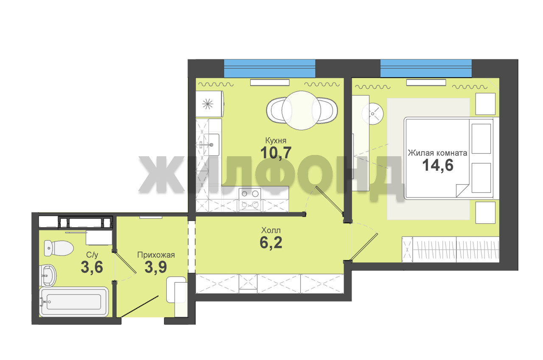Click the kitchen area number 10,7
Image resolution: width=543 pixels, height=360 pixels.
(x=276, y=152)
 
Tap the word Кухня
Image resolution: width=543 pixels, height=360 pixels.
(x=276, y=141)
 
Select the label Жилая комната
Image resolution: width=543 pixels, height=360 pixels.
(x=437, y=153)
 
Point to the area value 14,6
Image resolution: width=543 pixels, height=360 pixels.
(x=438, y=165)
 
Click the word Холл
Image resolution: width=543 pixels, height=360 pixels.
(x=271, y=230)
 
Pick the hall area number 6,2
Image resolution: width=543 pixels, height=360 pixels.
(x=271, y=242)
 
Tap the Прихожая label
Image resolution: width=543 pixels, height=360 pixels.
(x=156, y=255)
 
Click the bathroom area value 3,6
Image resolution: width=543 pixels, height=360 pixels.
(x=92, y=267)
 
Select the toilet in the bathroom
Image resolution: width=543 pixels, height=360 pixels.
(x=59, y=248)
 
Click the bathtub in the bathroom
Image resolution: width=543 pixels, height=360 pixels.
(x=74, y=302)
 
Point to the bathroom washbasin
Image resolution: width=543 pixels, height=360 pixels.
(x=48, y=276)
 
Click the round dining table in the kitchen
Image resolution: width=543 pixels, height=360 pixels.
(x=301, y=110)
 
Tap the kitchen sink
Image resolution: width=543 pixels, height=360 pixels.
(x=211, y=145)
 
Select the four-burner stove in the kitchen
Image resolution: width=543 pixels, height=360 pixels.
(x=250, y=199)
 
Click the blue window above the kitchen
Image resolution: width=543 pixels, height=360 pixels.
(x=269, y=68)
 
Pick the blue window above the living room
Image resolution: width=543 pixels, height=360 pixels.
(x=426, y=68)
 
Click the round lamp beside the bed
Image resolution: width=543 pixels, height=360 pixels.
(x=372, y=114)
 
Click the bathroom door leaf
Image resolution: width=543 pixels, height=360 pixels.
(x=125, y=262)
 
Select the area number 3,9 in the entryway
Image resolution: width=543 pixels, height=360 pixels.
(x=156, y=267)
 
